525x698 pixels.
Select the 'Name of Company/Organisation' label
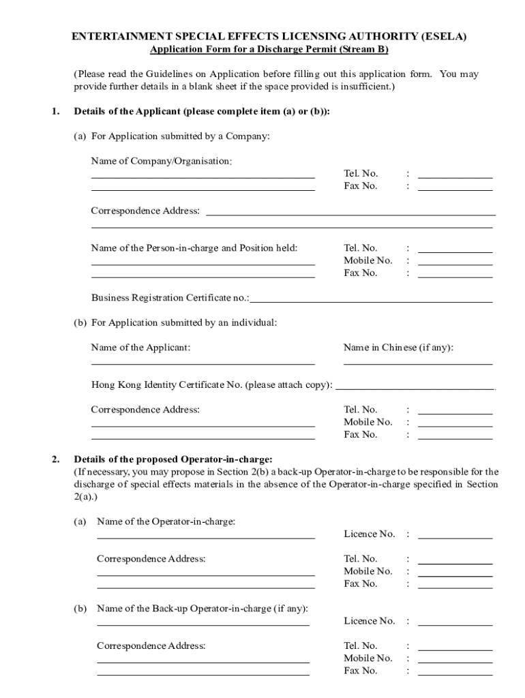[161, 162]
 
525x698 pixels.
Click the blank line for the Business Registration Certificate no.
[371, 301]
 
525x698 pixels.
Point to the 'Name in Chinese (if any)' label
[398, 348]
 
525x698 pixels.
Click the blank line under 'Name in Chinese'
[417, 364]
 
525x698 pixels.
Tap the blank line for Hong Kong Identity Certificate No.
[415, 389]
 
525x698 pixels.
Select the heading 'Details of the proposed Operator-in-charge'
[173, 459]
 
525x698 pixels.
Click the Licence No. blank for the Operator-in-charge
[455, 538]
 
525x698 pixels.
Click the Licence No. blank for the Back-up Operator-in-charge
[455, 624]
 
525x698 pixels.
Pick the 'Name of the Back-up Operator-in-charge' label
[202, 608]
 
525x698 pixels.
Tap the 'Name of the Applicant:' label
[140, 348]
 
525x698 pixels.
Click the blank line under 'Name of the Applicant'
[202, 364]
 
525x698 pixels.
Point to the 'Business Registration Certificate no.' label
[170, 298]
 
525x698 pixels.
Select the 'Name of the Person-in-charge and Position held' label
[194, 248]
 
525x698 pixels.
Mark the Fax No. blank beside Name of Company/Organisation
[455, 189]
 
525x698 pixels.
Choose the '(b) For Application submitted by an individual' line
[175, 322]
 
